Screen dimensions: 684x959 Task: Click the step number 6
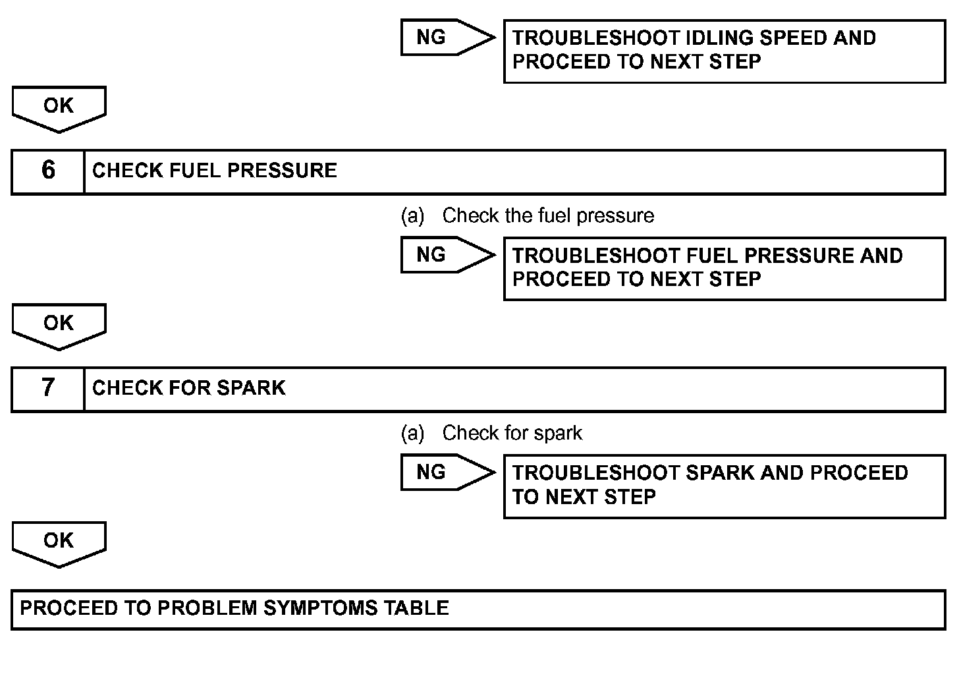click(x=48, y=170)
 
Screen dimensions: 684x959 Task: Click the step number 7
click(x=48, y=387)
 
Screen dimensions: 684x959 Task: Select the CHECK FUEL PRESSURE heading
click(x=214, y=171)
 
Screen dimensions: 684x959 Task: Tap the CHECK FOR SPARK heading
click(x=189, y=388)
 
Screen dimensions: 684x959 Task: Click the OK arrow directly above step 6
click(x=59, y=107)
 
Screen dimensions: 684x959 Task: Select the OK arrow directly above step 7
click(x=59, y=325)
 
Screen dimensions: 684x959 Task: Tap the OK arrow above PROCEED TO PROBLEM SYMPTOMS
click(x=59, y=542)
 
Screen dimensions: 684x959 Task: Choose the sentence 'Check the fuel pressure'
click(x=548, y=215)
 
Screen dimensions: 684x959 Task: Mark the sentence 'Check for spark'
click(x=512, y=433)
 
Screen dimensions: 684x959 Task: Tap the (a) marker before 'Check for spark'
click(x=412, y=433)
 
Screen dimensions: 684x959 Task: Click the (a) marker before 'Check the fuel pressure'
click(x=412, y=215)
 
